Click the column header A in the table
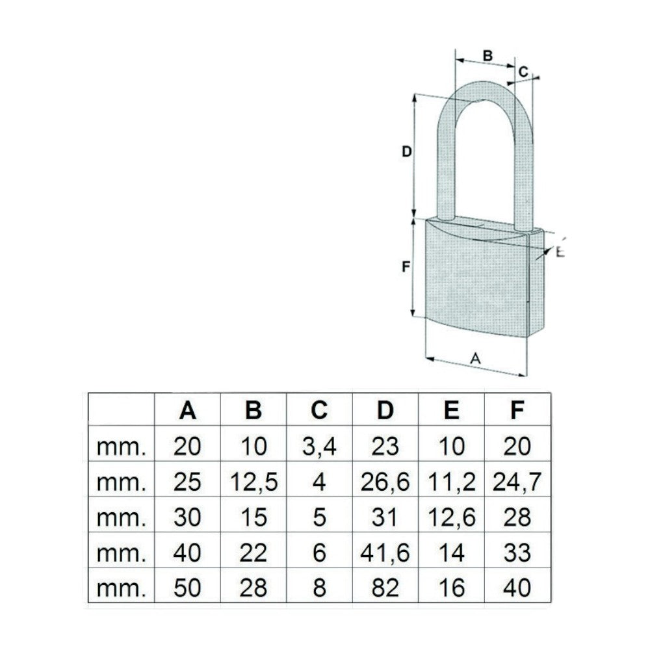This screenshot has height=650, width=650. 187,410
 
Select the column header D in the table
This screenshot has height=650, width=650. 385,410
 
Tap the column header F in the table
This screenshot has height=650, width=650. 517,410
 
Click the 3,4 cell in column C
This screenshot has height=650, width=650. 319,446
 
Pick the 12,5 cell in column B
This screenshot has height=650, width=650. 253,482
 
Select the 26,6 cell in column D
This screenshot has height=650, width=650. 385,482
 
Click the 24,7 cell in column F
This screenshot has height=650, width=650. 517,482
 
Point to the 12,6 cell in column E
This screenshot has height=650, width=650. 452,517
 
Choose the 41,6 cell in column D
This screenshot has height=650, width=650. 385,553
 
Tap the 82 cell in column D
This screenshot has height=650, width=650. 385,588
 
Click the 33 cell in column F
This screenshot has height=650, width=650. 517,552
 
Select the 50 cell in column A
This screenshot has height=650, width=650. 187,588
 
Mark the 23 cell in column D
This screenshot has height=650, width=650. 385,446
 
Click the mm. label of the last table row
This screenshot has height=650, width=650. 121,590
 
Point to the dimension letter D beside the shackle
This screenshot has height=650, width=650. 407,151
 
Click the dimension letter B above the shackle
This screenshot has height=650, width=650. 488,55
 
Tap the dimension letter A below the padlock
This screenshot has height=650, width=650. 476,358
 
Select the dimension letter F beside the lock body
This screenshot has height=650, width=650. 406,266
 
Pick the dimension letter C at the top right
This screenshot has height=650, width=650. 523,71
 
